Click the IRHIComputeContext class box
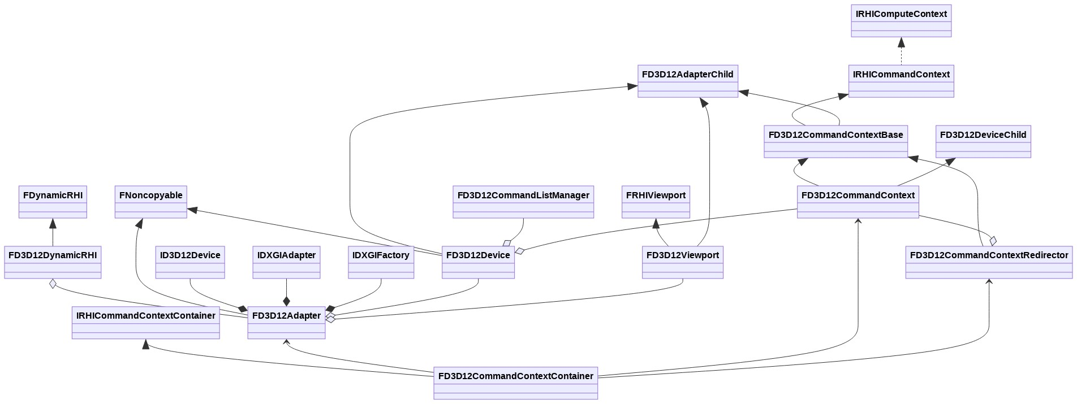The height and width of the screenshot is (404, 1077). point(901,21)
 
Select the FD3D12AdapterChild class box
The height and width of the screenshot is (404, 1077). point(688,81)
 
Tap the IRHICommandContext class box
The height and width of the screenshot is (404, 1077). point(901,81)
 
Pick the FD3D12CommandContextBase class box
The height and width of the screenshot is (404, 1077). point(835,142)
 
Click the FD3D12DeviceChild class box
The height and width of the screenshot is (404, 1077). point(983,142)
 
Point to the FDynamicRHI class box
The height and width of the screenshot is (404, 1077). point(53,202)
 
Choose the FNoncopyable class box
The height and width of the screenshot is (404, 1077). point(150,202)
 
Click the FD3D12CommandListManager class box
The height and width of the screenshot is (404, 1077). point(523,202)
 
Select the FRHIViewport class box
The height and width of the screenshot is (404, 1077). point(656,202)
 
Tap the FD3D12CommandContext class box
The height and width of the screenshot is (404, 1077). point(858,202)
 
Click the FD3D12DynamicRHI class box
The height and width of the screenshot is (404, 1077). point(53,262)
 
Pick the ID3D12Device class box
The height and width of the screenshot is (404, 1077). point(190,262)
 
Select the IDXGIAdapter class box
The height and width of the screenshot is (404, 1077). point(286,262)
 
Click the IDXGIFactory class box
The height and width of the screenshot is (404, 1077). point(381,262)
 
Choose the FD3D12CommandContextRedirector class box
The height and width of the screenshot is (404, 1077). point(989,262)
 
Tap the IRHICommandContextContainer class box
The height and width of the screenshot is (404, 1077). point(145,323)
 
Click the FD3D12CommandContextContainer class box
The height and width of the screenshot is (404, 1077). point(515,383)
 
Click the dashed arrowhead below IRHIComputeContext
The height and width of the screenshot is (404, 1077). point(901,42)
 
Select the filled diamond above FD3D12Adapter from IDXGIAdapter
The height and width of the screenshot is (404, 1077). point(286,301)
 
